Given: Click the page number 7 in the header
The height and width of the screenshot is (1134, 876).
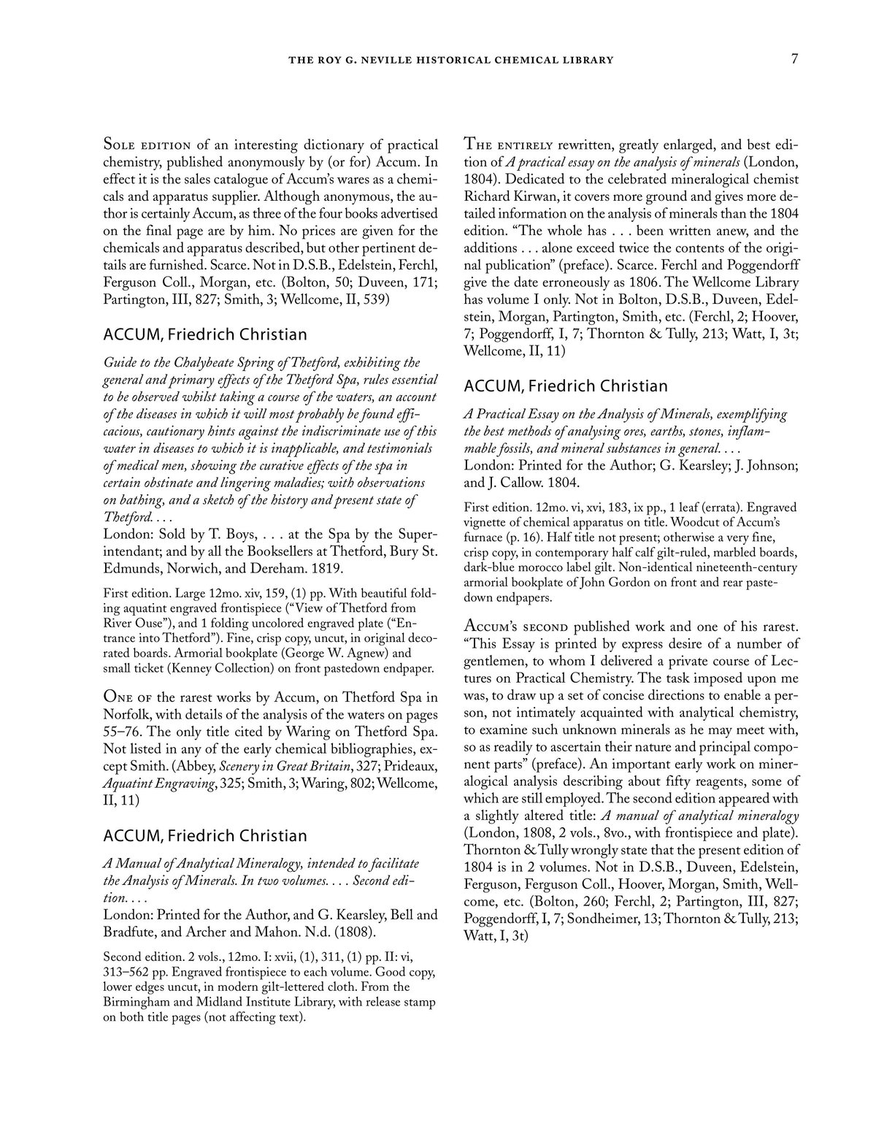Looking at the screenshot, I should click(794, 60).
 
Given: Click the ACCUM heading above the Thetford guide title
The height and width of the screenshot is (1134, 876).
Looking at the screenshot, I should click(205, 334).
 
